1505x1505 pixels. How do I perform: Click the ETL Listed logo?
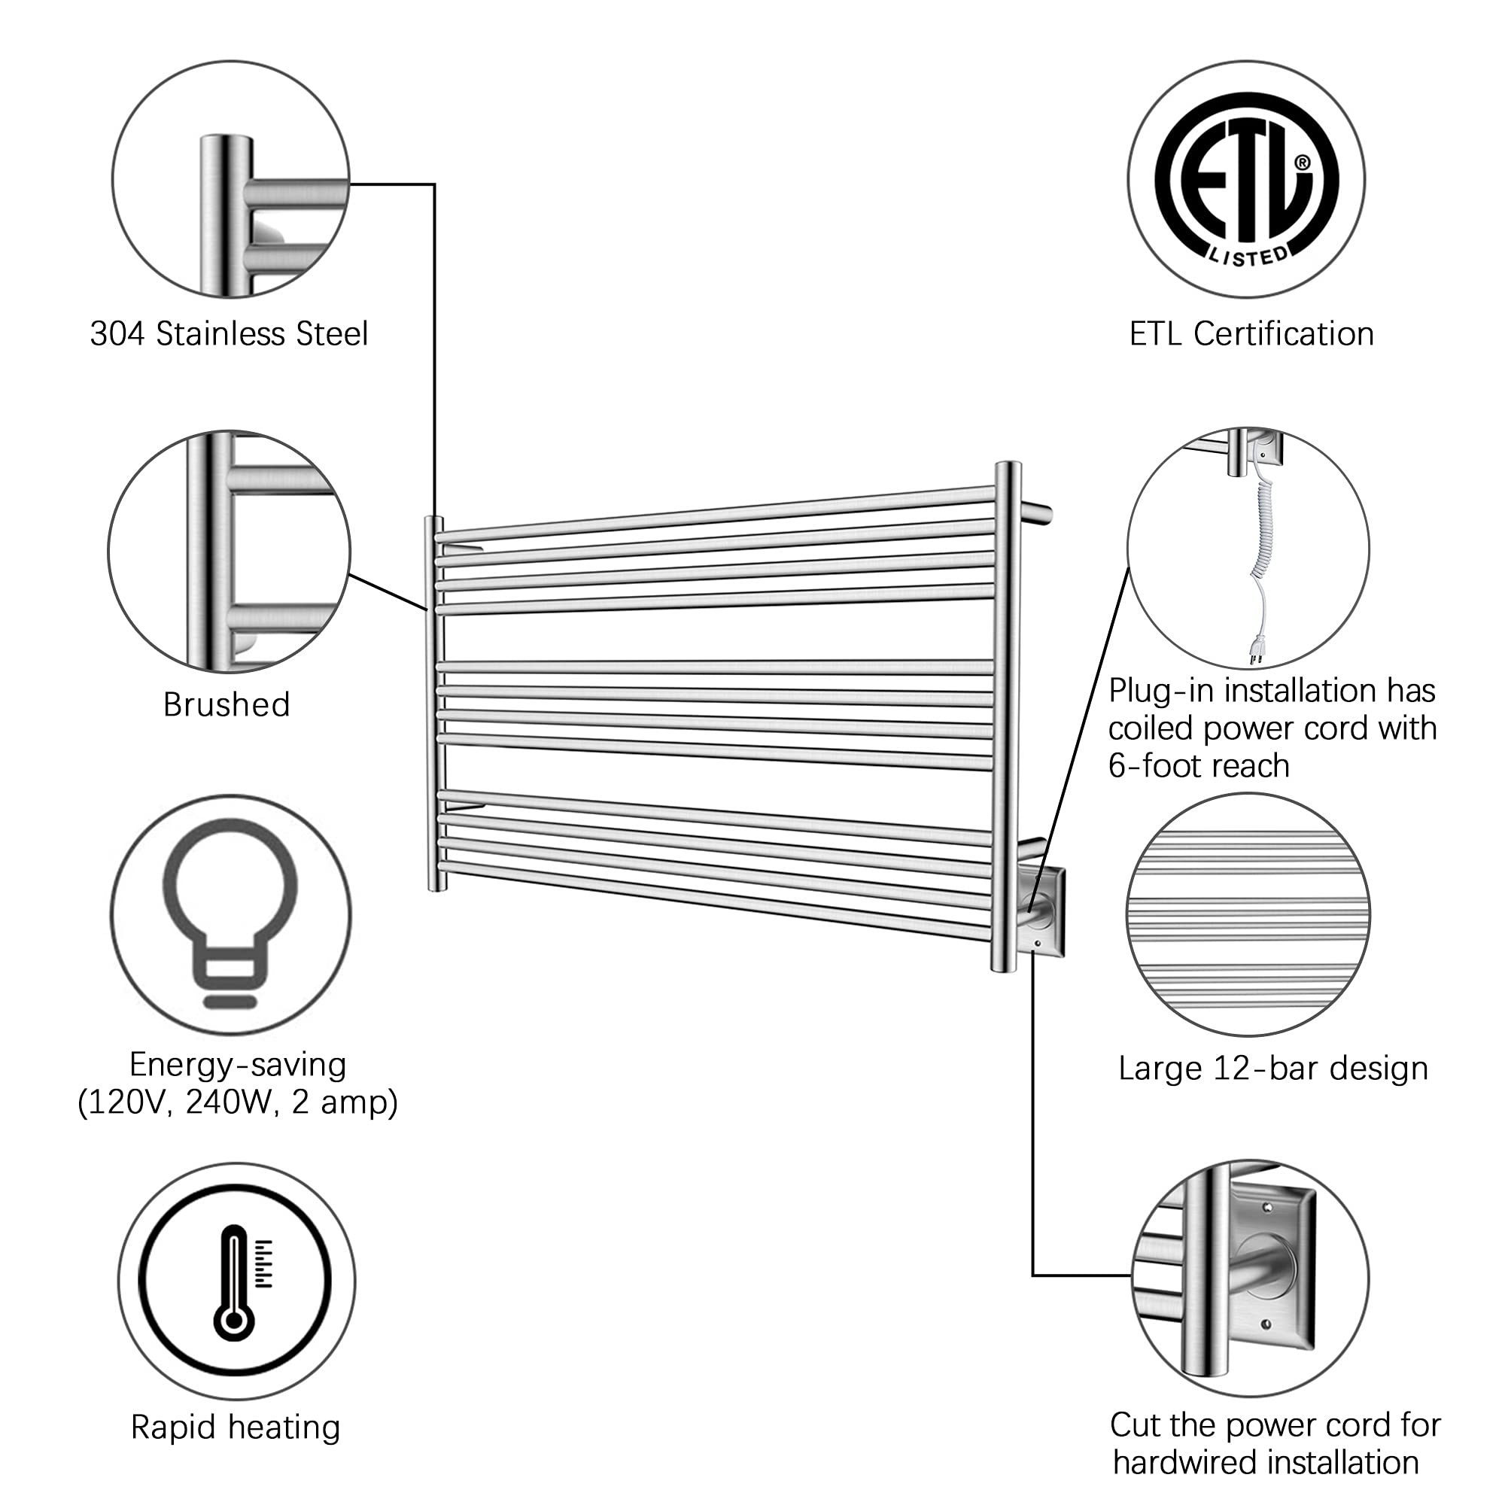click(1245, 178)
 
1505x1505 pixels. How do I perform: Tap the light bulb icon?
click(230, 911)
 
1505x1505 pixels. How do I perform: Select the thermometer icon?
click(235, 1282)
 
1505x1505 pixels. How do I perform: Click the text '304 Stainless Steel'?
click(229, 334)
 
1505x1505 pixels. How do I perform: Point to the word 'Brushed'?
click(226, 705)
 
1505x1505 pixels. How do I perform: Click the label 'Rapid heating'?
click(236, 1428)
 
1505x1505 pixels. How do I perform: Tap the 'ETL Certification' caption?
click(1251, 334)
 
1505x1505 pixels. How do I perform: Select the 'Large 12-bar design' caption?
click(1273, 1069)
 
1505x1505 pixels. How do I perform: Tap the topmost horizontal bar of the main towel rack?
click(716, 512)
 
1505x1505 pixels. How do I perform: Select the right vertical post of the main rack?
click(1005, 716)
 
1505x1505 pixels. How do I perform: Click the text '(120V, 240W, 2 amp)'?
click(238, 1103)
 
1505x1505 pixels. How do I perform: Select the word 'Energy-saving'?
click(238, 1065)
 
